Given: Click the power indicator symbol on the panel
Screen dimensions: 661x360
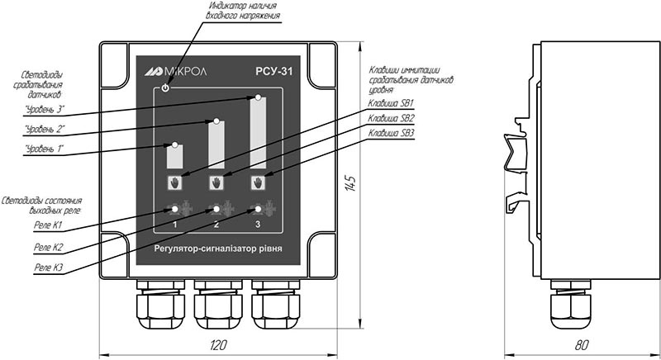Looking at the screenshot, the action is (166, 88).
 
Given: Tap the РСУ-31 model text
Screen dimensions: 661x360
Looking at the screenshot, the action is (273, 72).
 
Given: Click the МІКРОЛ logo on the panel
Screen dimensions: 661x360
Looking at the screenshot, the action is (176, 72).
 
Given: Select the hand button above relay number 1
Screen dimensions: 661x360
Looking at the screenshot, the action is (175, 182).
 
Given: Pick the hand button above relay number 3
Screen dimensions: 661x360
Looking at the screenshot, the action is (258, 182).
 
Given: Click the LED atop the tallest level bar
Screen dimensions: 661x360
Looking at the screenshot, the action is (258, 97).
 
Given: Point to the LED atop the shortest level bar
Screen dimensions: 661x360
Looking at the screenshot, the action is (174, 144).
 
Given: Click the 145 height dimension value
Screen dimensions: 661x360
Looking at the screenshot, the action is (350, 183).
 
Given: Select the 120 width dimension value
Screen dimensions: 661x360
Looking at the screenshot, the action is (218, 345).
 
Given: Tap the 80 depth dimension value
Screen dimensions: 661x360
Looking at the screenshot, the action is (582, 345).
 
